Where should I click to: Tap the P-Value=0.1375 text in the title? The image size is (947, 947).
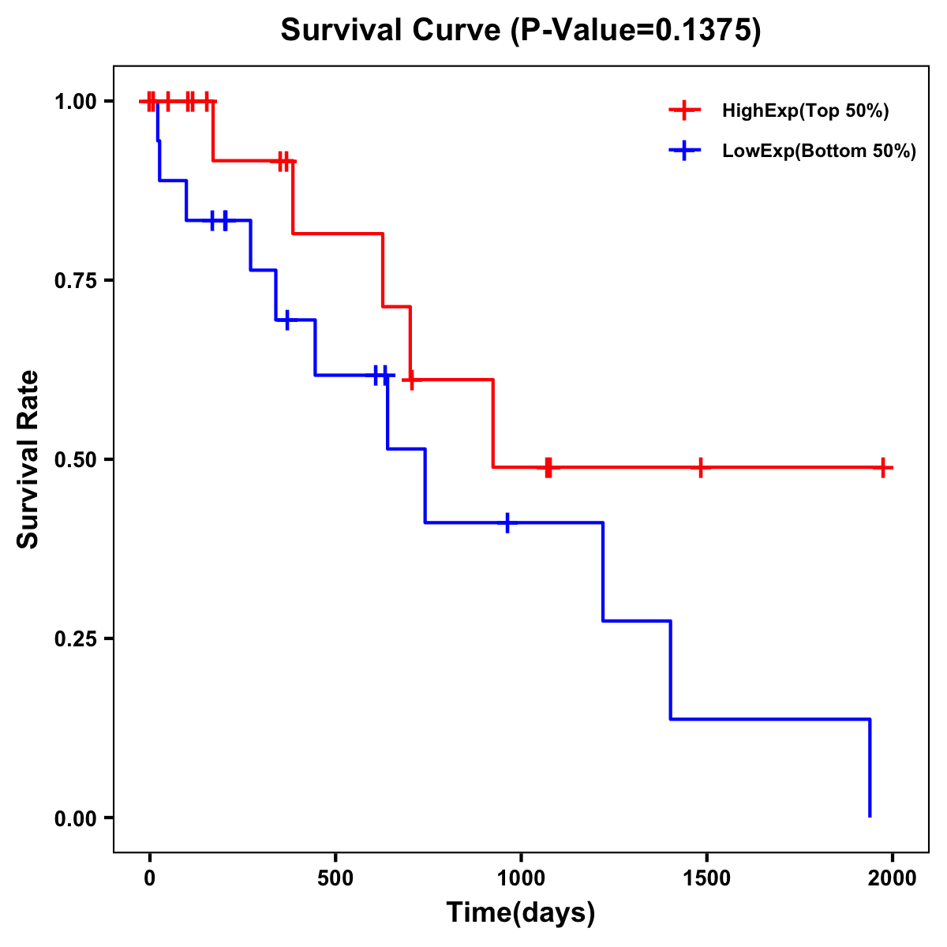click(x=635, y=31)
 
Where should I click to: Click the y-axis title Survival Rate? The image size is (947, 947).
click(x=28, y=459)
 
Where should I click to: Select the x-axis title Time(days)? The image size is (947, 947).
click(x=521, y=912)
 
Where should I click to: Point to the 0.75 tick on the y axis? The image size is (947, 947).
click(x=76, y=280)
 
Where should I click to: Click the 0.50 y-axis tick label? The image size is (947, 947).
click(x=76, y=459)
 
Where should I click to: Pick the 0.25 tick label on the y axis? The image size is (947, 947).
click(x=76, y=638)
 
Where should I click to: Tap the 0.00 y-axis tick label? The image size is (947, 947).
click(x=76, y=818)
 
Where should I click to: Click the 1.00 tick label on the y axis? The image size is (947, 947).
click(x=76, y=101)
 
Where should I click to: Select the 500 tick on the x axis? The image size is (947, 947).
click(x=335, y=878)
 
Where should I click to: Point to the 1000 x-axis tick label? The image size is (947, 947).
click(x=521, y=878)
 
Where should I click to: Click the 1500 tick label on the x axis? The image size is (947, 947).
click(x=706, y=878)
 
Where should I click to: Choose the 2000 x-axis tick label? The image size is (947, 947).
click(x=893, y=878)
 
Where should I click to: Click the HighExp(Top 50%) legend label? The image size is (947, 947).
click(x=806, y=111)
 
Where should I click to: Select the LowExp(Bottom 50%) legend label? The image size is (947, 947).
click(x=819, y=152)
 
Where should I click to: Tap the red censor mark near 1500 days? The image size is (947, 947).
click(x=700, y=467)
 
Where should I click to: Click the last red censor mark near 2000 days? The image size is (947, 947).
click(x=883, y=467)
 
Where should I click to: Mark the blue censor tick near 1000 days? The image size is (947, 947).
click(x=507, y=522)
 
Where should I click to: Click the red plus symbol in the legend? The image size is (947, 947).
click(x=684, y=110)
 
